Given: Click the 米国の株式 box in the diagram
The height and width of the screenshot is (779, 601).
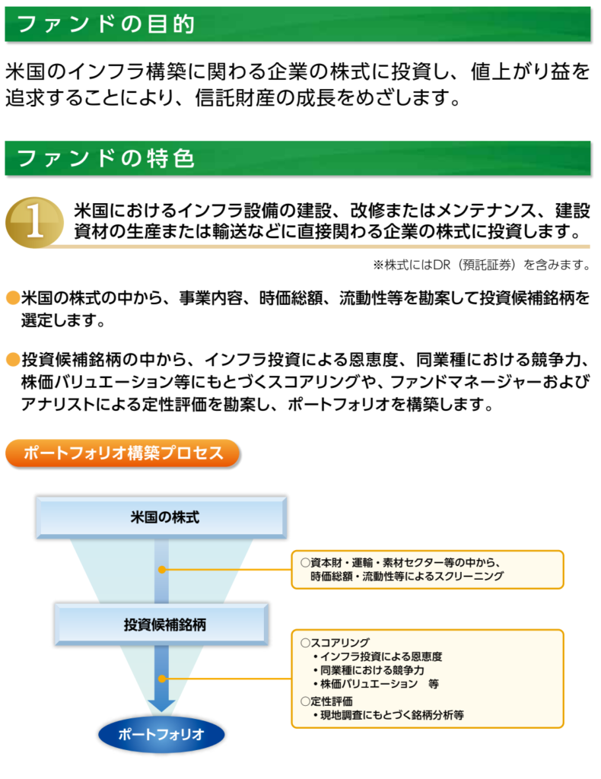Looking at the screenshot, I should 161,518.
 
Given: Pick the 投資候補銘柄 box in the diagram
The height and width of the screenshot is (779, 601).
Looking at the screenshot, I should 161,625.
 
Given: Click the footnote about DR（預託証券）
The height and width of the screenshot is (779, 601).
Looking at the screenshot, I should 481,265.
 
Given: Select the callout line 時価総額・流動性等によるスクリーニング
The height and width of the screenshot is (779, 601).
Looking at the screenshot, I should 407,577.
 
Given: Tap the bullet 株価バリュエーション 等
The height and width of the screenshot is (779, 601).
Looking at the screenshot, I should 380,683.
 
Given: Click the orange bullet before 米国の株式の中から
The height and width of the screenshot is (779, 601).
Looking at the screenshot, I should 12,297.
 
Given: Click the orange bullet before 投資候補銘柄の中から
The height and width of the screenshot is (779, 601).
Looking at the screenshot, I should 12,358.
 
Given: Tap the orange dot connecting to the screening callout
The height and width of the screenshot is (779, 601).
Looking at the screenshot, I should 161,569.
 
